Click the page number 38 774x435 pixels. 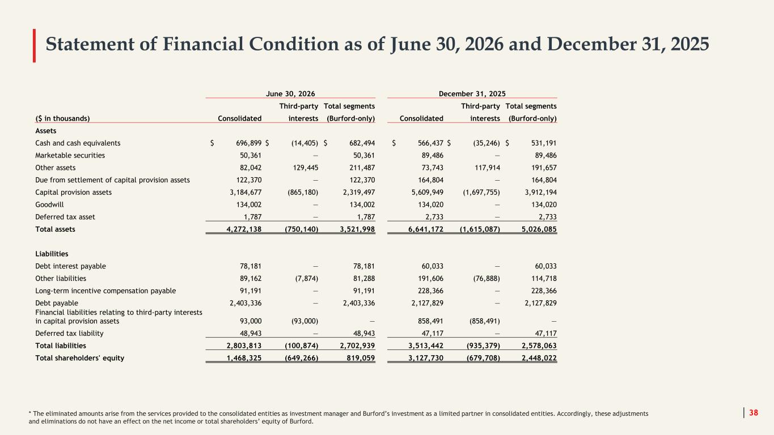[x=753, y=412]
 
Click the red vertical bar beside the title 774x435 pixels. [x=34, y=45]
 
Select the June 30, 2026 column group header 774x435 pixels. [x=290, y=93]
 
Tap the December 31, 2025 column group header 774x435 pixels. [x=472, y=93]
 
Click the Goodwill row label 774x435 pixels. [x=49, y=204]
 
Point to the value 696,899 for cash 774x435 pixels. [x=249, y=143]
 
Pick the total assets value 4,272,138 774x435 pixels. [x=244, y=229]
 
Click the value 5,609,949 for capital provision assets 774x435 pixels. [x=428, y=193]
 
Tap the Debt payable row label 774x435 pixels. [x=57, y=303]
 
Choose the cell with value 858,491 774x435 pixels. [x=430, y=321]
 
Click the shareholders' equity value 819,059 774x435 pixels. [x=361, y=358]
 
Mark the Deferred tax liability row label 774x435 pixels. [x=69, y=334]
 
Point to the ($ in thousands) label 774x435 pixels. [x=62, y=118]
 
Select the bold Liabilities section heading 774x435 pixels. [x=52, y=254]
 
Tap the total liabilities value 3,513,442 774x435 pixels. [x=426, y=346]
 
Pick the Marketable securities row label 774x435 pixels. [x=70, y=155]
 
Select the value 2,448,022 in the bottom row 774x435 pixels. [x=539, y=358]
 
